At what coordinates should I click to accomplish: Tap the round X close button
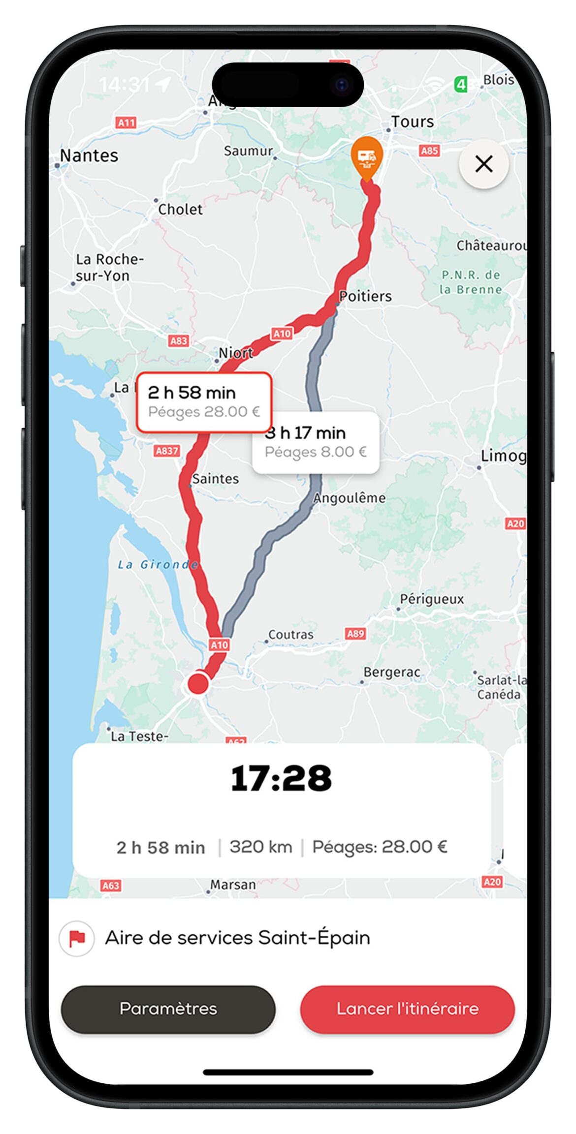click(x=483, y=164)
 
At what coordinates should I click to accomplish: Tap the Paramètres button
click(x=168, y=1009)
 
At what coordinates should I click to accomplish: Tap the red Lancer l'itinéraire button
click(x=407, y=1009)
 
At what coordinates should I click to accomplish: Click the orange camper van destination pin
click(x=367, y=157)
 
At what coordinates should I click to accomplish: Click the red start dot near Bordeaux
click(x=198, y=683)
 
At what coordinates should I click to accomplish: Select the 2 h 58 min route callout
click(x=204, y=402)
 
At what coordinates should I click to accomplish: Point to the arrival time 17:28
click(x=281, y=779)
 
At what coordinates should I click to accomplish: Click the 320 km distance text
click(x=260, y=847)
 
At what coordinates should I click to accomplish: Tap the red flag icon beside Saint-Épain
click(x=77, y=938)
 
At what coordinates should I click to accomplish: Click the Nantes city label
click(x=89, y=156)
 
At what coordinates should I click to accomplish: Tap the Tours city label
click(x=413, y=122)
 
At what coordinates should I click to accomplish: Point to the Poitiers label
click(x=365, y=296)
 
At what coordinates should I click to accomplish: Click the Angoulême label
click(x=350, y=498)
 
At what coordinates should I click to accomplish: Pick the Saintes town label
click(x=215, y=479)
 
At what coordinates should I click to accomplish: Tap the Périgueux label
click(x=432, y=599)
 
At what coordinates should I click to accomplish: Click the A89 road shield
click(x=355, y=634)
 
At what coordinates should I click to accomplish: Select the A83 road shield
click(x=178, y=340)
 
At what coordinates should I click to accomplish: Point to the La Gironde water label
click(x=158, y=564)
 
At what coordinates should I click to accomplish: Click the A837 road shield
click(x=167, y=451)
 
